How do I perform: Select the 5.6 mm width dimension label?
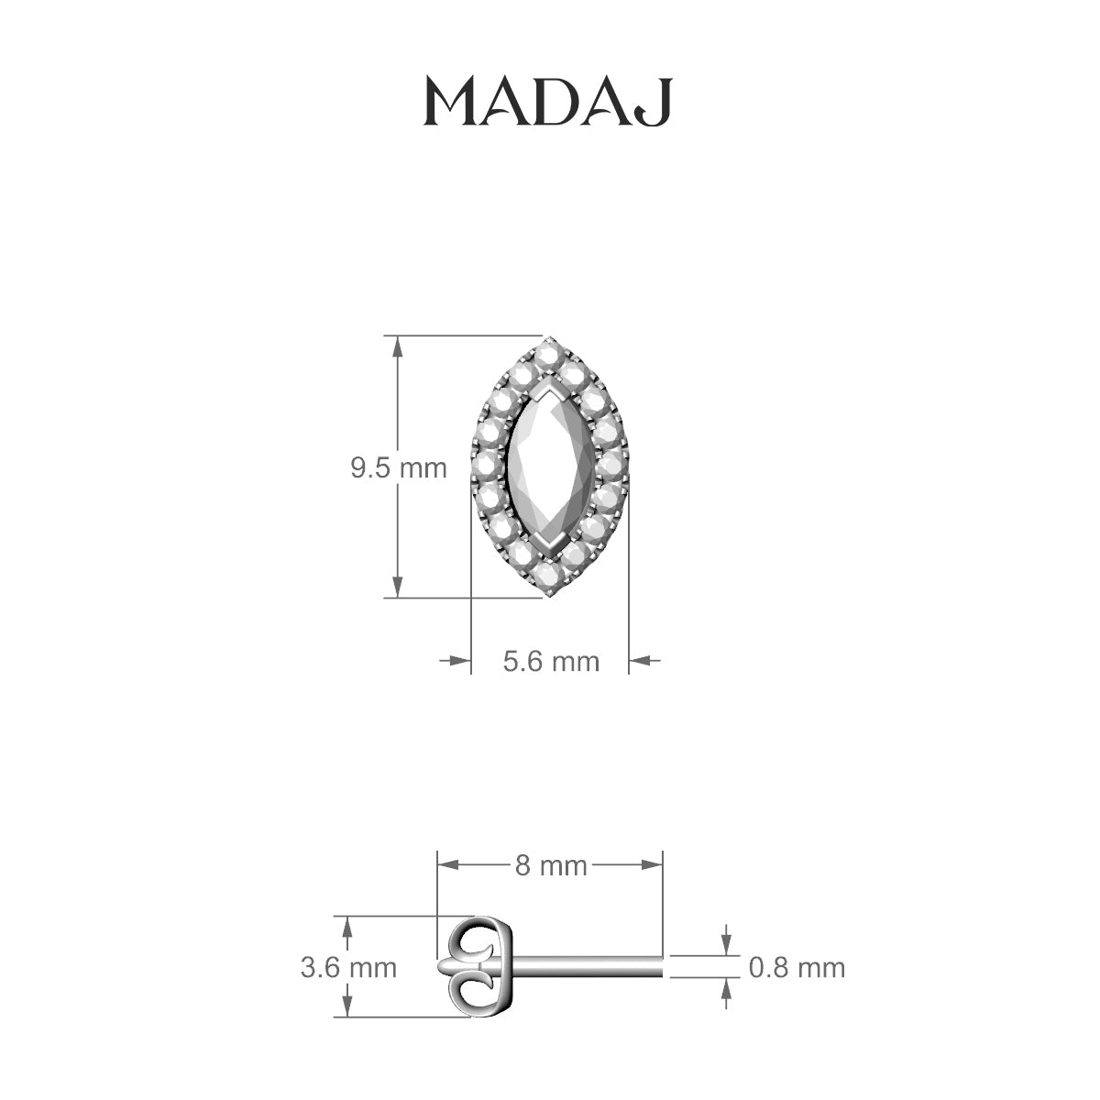click(551, 660)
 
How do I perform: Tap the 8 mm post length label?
click(550, 864)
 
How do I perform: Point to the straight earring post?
click(587, 966)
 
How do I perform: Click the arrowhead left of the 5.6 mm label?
click(461, 660)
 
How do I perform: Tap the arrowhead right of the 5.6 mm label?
click(638, 660)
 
